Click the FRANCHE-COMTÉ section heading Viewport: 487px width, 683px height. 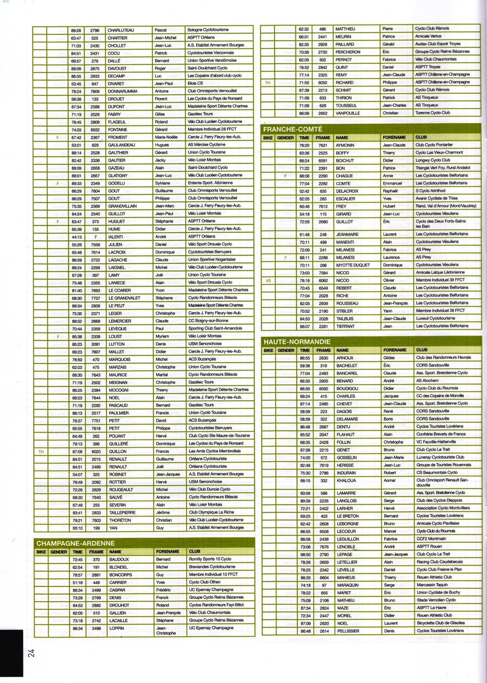click(x=293, y=129)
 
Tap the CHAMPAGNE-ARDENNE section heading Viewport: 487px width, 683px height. click(x=75, y=543)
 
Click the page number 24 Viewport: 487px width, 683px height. click(x=31, y=653)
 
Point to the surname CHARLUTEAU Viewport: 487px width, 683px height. click(x=120, y=30)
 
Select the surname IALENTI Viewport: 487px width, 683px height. click(x=115, y=237)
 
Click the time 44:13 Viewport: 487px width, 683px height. click(x=77, y=237)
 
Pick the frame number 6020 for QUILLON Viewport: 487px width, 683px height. click(x=95, y=451)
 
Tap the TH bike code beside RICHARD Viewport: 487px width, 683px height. click(x=267, y=83)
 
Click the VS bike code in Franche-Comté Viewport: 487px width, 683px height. click(x=268, y=280)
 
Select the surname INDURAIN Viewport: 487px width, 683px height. click(x=346, y=473)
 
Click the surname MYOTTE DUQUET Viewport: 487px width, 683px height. click(x=353, y=265)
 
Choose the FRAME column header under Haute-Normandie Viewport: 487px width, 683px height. click(x=323, y=350)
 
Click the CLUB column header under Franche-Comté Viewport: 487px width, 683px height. click(x=421, y=137)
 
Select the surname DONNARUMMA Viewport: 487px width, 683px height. click(x=122, y=91)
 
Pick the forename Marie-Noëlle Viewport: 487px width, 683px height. click(x=166, y=137)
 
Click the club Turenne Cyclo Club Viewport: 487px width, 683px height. click(x=432, y=113)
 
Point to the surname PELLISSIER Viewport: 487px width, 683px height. click(x=348, y=631)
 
